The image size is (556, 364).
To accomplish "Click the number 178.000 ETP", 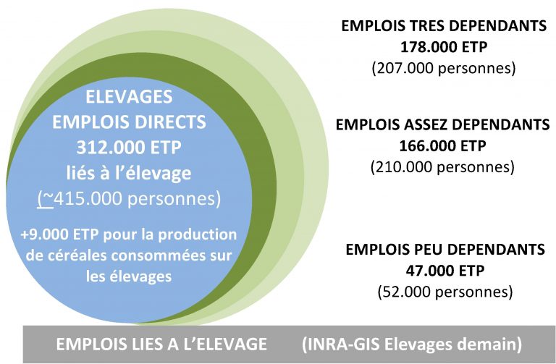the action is click(444, 47).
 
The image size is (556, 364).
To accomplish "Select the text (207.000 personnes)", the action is click(444, 68).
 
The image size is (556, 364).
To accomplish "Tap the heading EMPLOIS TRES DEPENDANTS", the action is click(444, 26).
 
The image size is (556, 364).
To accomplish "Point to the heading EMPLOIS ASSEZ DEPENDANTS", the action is click(442, 124).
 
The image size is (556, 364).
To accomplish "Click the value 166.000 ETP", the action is click(442, 145).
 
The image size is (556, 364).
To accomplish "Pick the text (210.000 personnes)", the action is click(442, 166).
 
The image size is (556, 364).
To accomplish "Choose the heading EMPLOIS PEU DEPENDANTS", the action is click(445, 249).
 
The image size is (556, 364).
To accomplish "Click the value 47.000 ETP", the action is click(445, 271).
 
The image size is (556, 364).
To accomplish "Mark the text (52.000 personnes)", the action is click(445, 292).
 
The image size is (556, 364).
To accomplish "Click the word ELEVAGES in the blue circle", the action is click(129, 97).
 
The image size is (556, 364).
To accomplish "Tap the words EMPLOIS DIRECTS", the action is click(129, 122).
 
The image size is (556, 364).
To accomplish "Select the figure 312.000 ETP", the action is click(129, 147).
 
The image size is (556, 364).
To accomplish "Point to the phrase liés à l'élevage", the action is click(129, 173).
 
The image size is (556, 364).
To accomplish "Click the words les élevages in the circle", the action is click(129, 276).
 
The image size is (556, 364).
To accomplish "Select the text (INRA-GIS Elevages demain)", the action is click(412, 344).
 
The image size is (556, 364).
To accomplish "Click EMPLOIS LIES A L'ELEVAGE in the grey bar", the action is click(161, 344).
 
